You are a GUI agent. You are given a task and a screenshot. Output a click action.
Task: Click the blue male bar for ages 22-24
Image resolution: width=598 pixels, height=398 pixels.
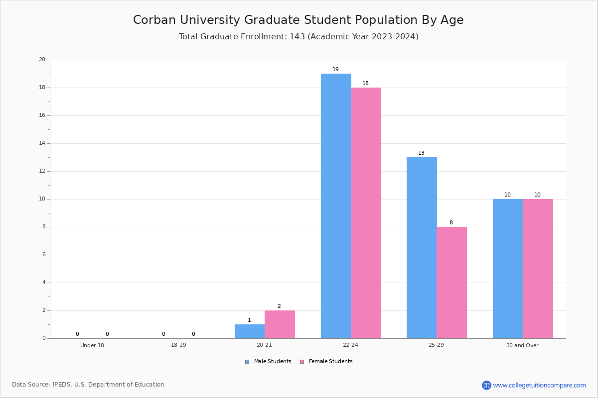[x=336, y=206]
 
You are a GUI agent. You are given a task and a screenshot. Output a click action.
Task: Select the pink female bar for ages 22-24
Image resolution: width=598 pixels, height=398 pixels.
[x=366, y=213]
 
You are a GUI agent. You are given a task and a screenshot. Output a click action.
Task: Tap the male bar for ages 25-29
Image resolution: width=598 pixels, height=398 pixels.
[x=422, y=248]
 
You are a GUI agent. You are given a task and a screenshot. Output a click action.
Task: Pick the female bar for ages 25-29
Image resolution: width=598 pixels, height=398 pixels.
[x=451, y=283]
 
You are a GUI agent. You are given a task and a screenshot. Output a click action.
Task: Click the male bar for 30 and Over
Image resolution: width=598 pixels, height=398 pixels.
[x=508, y=269]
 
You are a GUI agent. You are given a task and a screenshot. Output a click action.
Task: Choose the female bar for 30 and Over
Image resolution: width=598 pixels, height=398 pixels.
[x=538, y=269]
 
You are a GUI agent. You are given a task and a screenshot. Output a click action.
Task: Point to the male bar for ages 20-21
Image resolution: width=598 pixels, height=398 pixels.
[x=250, y=331]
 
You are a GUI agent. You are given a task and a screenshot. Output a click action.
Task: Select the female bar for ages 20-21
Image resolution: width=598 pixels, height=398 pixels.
[x=280, y=324]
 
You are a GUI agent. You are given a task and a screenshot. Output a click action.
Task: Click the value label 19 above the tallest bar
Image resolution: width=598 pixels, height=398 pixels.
[x=335, y=69]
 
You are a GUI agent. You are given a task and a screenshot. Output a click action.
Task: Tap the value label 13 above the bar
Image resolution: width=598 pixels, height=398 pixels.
[x=421, y=153]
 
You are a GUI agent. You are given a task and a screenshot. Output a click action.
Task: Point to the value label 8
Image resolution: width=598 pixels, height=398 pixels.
[x=451, y=222]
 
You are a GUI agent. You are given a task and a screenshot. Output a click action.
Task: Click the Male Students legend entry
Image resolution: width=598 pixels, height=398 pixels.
[x=268, y=361]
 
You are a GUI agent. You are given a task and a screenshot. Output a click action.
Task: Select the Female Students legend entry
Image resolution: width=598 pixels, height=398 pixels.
[x=326, y=361]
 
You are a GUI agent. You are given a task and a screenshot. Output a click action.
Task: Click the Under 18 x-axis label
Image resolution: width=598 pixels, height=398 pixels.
[x=92, y=345]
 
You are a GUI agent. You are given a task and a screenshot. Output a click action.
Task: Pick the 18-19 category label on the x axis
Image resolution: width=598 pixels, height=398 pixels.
[x=178, y=345]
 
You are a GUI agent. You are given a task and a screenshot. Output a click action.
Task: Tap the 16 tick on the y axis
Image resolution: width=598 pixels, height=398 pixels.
[x=42, y=115]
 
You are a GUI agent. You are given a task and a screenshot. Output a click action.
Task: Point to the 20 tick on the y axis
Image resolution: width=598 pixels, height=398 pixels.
[x=42, y=59]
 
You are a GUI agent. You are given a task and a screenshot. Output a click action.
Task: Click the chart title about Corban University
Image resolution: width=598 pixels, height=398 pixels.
[x=299, y=20]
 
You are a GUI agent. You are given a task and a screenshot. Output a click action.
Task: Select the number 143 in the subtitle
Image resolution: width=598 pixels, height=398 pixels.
[x=297, y=36]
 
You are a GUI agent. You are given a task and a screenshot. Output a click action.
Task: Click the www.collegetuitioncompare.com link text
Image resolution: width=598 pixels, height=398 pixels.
[x=540, y=385]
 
